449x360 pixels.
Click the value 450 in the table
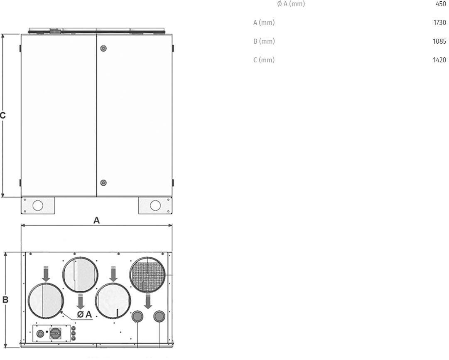441,4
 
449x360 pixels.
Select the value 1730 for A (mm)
439,22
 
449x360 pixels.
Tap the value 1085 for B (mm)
439,41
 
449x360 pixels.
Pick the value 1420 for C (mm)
439,60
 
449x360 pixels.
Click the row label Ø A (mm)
291,4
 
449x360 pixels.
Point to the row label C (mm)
264,60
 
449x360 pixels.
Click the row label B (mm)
264,41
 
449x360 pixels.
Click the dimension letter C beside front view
2,116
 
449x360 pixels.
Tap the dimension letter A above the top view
96,220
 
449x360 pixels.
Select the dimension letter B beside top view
5,300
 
